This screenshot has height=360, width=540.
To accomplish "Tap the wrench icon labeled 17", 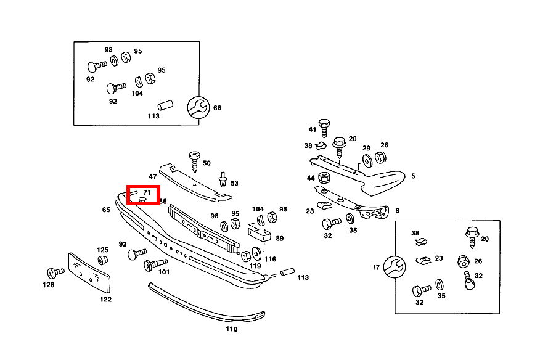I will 393,266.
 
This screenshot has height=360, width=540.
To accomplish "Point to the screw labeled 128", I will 54,272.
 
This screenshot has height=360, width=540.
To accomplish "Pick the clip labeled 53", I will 221,181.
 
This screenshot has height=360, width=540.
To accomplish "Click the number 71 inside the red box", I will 147,192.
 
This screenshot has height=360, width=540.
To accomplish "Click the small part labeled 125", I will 103,261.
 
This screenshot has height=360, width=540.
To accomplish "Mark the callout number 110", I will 231,329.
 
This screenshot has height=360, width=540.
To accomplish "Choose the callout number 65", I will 106,210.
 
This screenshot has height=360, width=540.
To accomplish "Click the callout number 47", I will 152,177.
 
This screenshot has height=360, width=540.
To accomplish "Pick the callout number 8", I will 397,210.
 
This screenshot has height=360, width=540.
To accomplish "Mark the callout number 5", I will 412,176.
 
